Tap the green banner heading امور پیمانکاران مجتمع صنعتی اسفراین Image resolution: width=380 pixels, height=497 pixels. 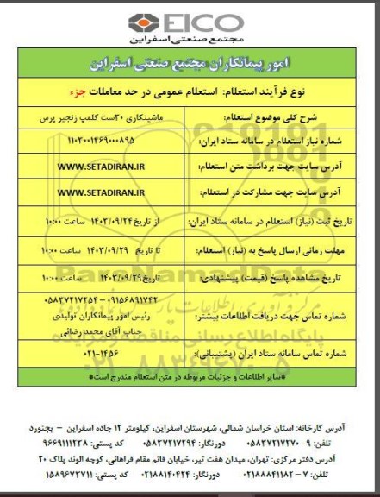click(189, 64)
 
